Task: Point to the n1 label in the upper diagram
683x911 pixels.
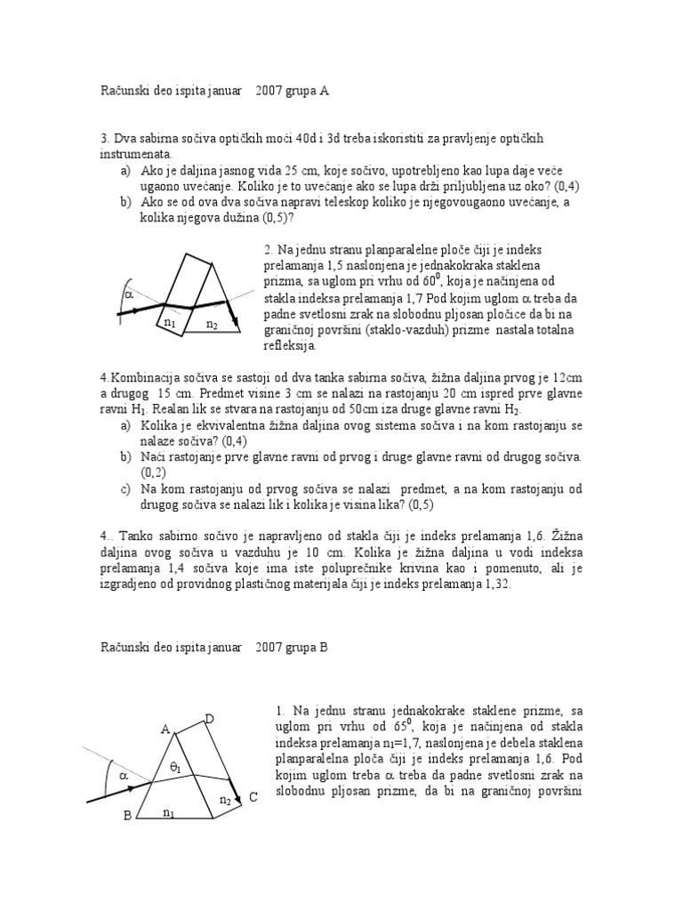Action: [x=169, y=323]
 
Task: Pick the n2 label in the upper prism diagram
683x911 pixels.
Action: [x=212, y=325]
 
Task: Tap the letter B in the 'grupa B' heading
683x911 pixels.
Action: [x=324, y=648]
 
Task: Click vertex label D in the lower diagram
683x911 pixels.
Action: [x=209, y=718]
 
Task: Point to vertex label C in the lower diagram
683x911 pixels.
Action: [x=253, y=797]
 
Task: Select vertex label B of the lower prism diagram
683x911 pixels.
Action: [x=126, y=815]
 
